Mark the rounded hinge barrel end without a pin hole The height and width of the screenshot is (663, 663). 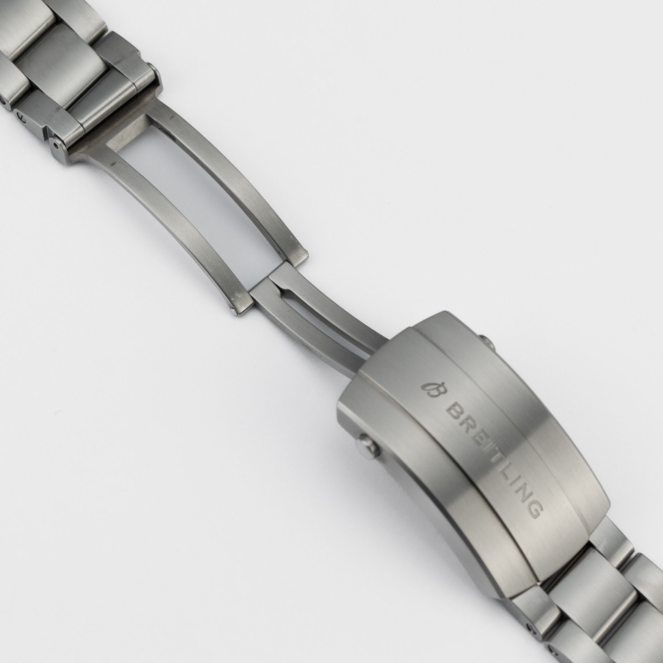(x=153, y=76)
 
